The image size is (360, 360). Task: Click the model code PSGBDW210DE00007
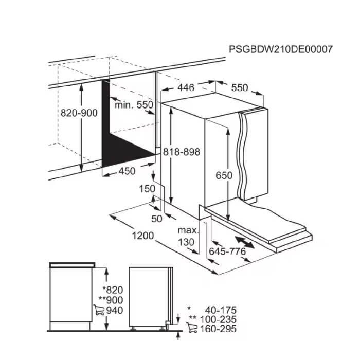281,49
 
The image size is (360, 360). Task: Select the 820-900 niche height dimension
79,113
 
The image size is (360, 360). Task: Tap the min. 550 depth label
134,105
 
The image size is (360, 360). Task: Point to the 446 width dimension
186,87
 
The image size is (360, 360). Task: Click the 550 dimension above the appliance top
240,88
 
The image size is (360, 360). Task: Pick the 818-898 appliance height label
182,152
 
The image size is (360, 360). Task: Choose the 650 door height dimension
224,175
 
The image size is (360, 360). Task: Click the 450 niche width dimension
127,171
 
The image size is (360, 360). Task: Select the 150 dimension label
147,189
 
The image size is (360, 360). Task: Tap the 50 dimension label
157,219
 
